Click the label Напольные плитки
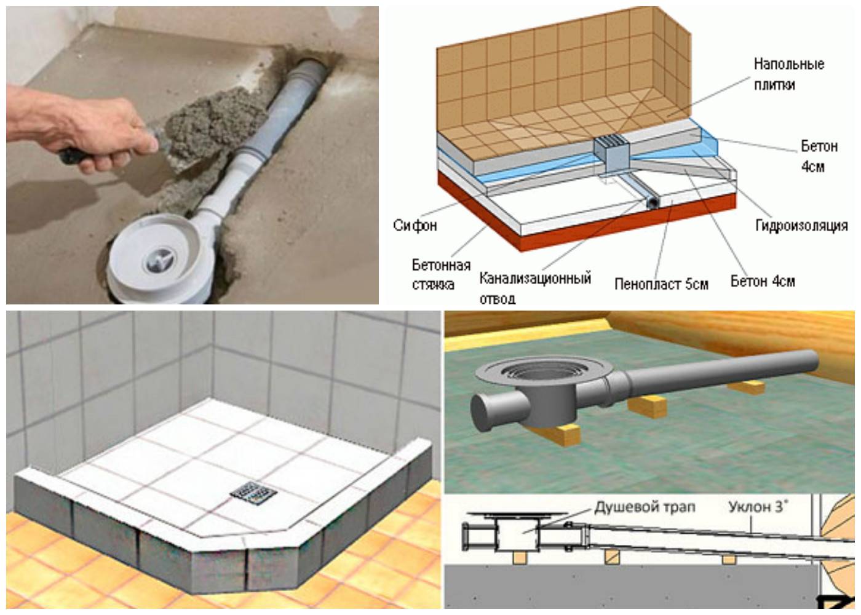(788, 73)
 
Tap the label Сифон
(415, 225)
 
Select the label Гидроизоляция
(801, 226)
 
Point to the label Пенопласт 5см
(661, 284)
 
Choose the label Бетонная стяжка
(441, 274)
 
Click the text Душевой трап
(645, 508)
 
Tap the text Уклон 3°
(758, 508)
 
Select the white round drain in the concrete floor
(157, 261)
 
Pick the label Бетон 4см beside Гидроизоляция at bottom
(762, 282)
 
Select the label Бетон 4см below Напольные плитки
(819, 156)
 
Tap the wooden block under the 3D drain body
(563, 434)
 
